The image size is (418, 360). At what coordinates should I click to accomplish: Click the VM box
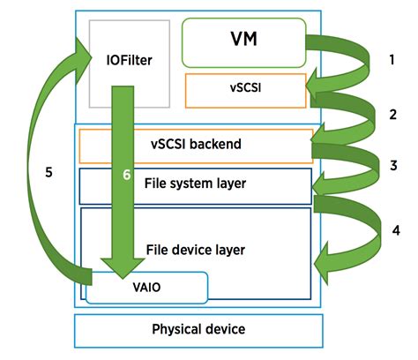click(243, 41)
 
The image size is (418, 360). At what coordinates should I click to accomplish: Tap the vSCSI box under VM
click(245, 89)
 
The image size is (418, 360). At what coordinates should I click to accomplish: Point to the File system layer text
click(195, 184)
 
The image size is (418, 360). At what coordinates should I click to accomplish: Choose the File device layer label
click(194, 250)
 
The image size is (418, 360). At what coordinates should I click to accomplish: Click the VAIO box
click(146, 288)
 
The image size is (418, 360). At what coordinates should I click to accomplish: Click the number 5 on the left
click(49, 172)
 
